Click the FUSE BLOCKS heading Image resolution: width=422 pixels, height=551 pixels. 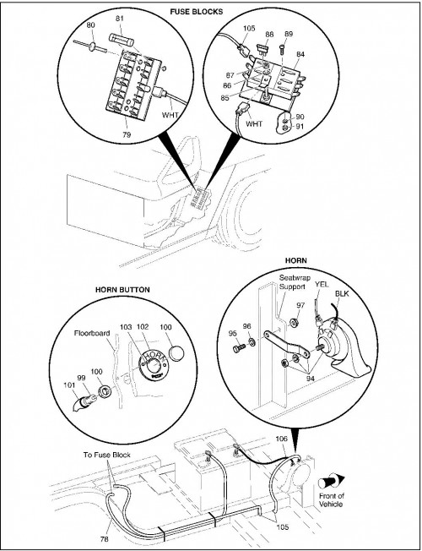[x=197, y=12]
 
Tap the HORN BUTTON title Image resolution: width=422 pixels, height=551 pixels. [x=122, y=290]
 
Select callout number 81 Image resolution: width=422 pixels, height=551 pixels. [x=120, y=18]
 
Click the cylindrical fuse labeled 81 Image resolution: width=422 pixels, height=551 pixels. [x=122, y=40]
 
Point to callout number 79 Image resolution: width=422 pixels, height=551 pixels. [x=127, y=134]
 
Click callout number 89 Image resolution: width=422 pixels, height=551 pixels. [x=289, y=34]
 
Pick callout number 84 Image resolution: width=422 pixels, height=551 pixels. [x=300, y=54]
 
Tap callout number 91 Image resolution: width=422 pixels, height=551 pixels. [x=300, y=126]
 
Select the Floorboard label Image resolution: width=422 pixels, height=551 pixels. [x=92, y=333]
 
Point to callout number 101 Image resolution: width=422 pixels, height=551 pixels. [x=69, y=385]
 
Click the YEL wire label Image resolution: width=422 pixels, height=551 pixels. [x=322, y=284]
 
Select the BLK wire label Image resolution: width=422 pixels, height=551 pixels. [x=342, y=293]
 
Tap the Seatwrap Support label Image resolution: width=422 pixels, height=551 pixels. [x=295, y=282]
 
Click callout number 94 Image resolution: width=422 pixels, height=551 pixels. [x=311, y=379]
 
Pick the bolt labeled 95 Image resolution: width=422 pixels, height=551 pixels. [x=239, y=348]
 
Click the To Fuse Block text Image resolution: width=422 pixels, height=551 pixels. [x=106, y=455]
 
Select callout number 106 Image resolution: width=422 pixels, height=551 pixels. [x=281, y=439]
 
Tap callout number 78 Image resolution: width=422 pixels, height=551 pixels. [x=105, y=538]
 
